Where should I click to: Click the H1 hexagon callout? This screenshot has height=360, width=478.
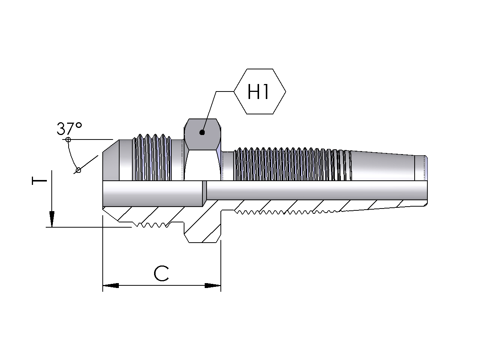[259, 91]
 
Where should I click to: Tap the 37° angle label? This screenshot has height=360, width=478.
[69, 129]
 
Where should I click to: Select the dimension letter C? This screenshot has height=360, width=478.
[162, 274]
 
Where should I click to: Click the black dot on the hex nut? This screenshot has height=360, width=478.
[202, 132]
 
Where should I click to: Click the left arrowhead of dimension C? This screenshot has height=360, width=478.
[111, 286]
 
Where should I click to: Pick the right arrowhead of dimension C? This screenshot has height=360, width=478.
[213, 286]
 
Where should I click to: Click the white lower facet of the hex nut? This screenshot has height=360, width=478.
[202, 165]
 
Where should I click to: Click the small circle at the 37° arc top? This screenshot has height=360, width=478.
[68, 140]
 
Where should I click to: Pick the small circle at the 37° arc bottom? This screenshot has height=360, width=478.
[78, 170]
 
